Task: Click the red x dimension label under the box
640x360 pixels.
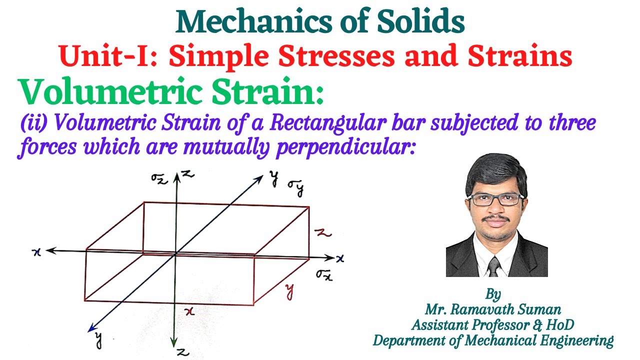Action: pos(189,311)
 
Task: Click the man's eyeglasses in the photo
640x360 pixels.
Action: pos(497,199)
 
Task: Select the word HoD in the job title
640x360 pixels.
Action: pos(558,324)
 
